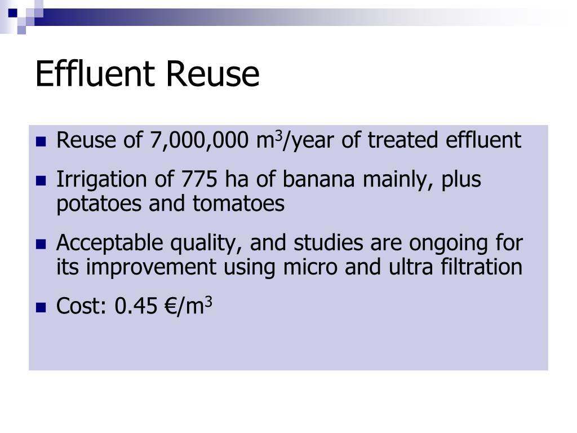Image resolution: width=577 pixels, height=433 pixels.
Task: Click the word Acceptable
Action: pos(94,244)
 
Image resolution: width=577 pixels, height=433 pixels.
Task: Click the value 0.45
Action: pos(135,306)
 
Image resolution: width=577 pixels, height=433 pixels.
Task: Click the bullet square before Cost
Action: pos(40,308)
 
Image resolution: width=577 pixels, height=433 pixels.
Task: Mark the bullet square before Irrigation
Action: pos(40,181)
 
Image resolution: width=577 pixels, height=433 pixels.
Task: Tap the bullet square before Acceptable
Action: pos(40,245)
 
